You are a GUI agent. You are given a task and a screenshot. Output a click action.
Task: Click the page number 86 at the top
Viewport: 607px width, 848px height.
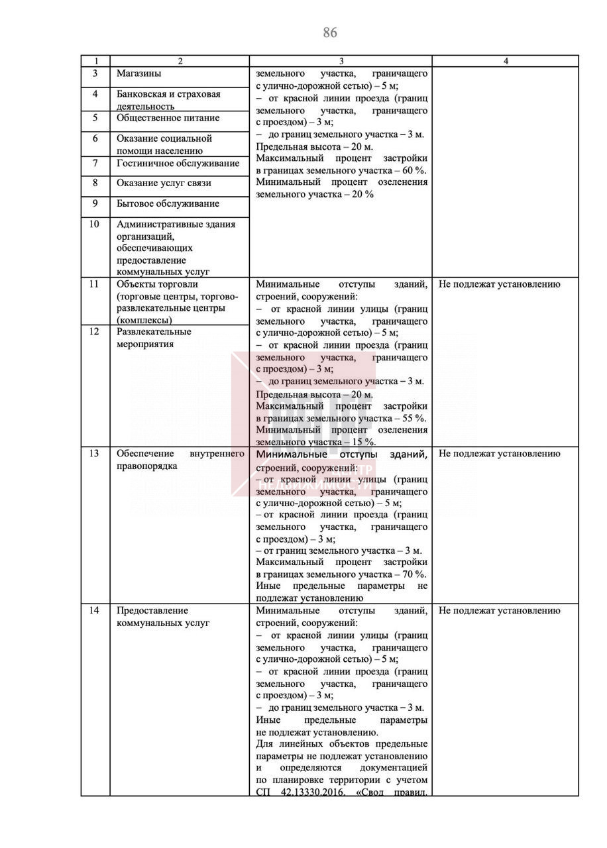[x=330, y=32]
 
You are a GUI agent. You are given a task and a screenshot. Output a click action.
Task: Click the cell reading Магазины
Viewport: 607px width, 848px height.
[x=139, y=74]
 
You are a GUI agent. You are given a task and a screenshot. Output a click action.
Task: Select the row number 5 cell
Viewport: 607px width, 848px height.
[x=95, y=118]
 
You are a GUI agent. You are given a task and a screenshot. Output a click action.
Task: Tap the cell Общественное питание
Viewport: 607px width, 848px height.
[x=168, y=118]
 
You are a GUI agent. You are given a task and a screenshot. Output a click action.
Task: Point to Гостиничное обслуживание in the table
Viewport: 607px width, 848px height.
[x=178, y=163]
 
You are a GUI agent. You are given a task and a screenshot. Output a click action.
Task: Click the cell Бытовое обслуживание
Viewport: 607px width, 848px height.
[x=168, y=203]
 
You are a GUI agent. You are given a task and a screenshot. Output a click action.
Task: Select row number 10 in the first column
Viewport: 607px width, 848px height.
[x=95, y=224]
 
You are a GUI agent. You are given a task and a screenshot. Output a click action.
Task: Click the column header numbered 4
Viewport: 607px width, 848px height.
[x=506, y=61]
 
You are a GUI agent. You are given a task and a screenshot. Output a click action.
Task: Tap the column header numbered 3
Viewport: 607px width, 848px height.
[x=341, y=61]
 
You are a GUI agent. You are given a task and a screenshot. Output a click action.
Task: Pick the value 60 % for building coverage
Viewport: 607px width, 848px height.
[x=414, y=170]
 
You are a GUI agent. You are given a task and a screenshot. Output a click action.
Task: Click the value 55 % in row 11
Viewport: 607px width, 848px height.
[x=414, y=418]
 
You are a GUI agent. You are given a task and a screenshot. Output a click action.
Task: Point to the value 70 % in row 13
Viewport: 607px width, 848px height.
[x=414, y=574]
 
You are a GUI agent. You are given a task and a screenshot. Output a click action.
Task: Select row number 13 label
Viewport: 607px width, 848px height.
[x=95, y=454]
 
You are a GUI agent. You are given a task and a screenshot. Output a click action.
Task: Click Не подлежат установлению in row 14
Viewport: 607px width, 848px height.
[x=499, y=611]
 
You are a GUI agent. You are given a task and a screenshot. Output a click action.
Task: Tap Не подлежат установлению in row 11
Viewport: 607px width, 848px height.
[x=499, y=284]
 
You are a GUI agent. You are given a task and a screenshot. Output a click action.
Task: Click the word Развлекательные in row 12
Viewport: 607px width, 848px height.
[x=154, y=332]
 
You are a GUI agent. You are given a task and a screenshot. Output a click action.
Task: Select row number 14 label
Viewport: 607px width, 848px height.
[x=95, y=611]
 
